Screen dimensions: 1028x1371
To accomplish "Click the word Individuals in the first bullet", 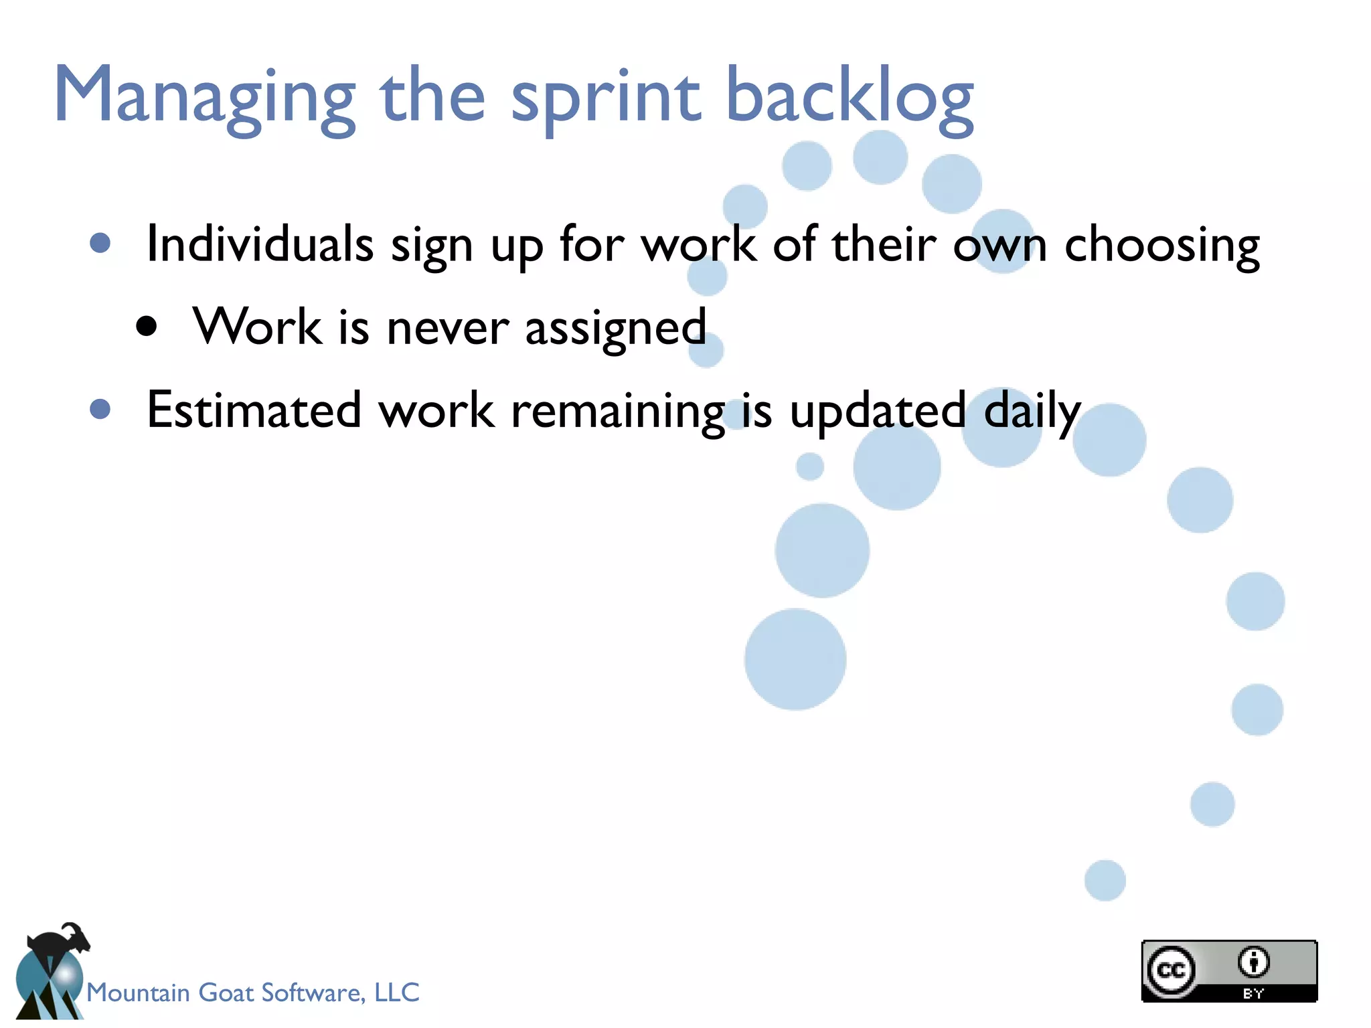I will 260,244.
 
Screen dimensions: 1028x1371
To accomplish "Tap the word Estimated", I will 254,410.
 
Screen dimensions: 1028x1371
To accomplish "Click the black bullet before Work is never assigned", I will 146,327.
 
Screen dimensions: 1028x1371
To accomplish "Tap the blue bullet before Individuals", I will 100,243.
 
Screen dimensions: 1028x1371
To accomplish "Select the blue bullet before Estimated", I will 100,409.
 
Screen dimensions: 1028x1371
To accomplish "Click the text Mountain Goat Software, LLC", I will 252,993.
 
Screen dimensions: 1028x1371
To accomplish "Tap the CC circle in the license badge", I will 1171,970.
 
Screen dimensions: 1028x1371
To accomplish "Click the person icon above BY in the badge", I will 1253,962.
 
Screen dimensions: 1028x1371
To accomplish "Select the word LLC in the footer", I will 397,993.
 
